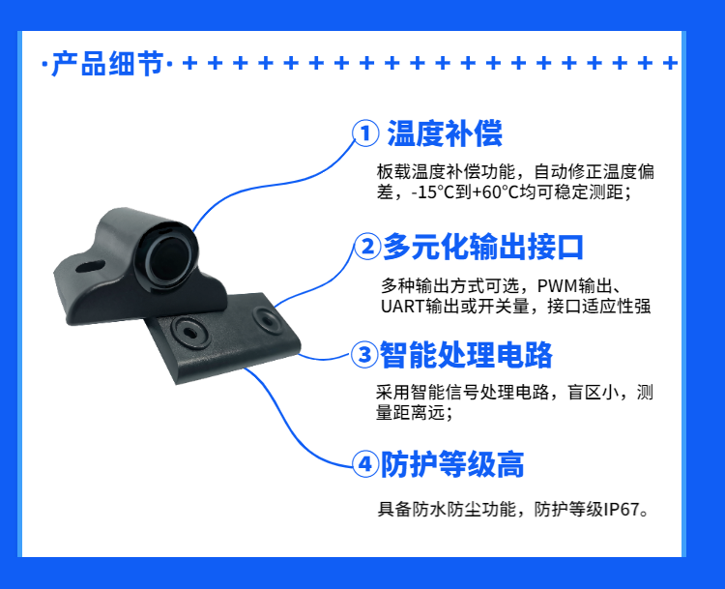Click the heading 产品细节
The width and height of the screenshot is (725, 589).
(107, 64)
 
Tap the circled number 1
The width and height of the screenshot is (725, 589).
(365, 133)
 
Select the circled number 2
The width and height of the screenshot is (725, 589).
(367, 247)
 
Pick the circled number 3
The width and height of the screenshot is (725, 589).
(364, 355)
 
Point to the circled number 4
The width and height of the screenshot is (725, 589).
(365, 463)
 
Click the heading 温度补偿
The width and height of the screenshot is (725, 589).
(445, 133)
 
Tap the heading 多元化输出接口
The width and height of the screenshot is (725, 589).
(483, 247)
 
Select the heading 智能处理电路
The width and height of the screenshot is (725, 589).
(466, 355)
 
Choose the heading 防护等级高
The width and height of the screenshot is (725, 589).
(452, 463)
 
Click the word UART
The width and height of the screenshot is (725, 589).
(403, 307)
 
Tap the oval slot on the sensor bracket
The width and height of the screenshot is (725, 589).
(90, 267)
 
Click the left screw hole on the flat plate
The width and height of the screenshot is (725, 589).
(190, 333)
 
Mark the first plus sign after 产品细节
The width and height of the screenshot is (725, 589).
(189, 63)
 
